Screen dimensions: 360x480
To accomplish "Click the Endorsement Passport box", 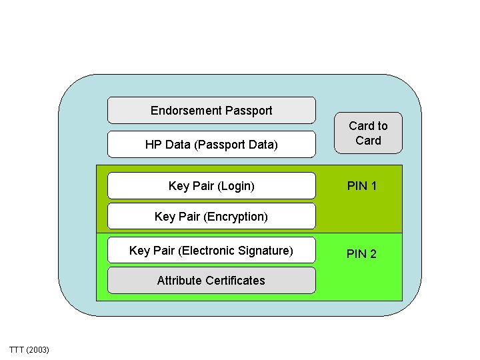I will [211, 111].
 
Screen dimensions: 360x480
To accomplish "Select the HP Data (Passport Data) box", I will [211, 144].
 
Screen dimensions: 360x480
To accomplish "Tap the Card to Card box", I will [368, 133].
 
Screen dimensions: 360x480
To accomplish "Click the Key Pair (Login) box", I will [211, 186].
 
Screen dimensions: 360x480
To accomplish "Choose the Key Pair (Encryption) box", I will [211, 216].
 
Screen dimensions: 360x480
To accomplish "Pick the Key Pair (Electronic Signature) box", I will [211, 251].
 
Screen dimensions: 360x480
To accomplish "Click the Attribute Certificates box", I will [211, 281].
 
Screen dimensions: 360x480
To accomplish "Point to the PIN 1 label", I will [362, 186].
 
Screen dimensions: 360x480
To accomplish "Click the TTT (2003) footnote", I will [29, 350].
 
